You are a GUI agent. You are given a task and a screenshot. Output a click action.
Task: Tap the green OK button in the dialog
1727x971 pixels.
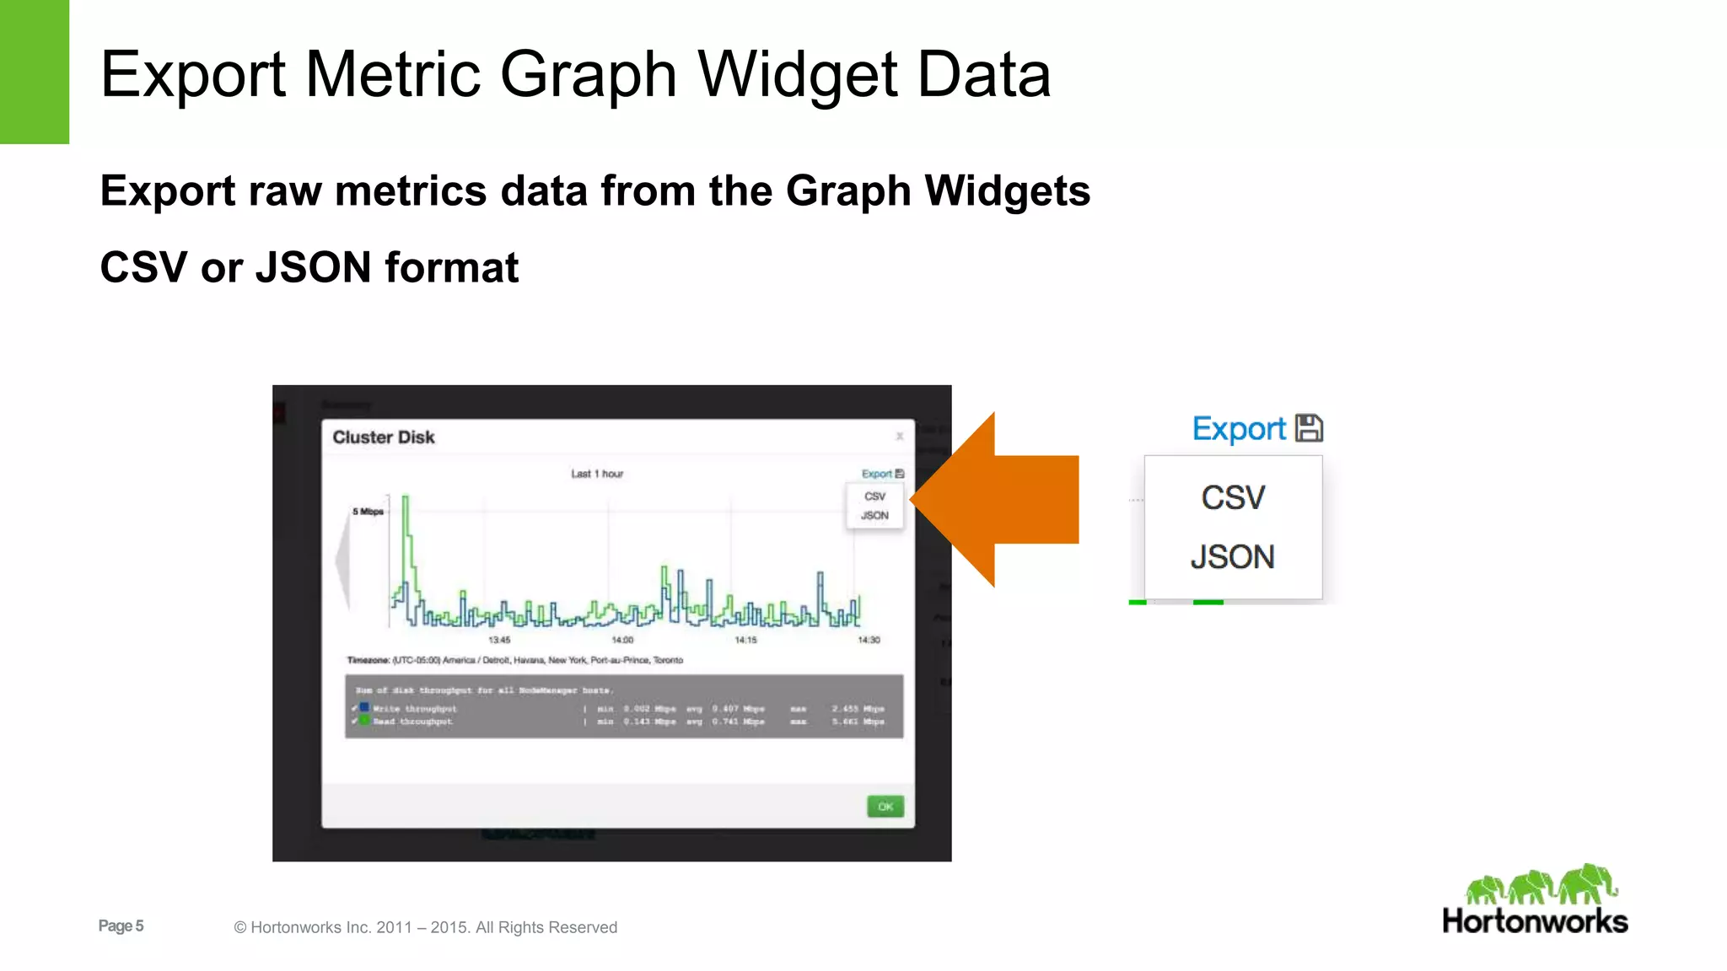pyautogui.click(x=885, y=807)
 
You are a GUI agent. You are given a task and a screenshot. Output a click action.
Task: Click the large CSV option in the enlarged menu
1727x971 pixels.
pyautogui.click(x=1233, y=498)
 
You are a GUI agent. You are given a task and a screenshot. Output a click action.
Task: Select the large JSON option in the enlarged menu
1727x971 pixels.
pyautogui.click(x=1232, y=557)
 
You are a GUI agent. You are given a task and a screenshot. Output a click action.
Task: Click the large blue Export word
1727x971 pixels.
pyautogui.click(x=1239, y=429)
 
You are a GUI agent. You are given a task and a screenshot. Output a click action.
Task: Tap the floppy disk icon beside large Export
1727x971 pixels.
pyautogui.click(x=1309, y=428)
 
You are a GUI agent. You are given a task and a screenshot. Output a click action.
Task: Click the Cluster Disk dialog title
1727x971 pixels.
pyautogui.click(x=384, y=437)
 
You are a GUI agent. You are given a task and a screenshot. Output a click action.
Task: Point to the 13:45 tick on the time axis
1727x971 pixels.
pyautogui.click(x=499, y=641)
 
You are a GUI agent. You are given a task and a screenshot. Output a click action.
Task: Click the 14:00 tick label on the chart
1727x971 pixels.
pyautogui.click(x=622, y=641)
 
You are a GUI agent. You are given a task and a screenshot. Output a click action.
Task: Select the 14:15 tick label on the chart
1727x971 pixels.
pyautogui.click(x=745, y=641)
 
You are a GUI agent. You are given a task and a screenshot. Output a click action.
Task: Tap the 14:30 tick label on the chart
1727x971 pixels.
pyautogui.click(x=869, y=641)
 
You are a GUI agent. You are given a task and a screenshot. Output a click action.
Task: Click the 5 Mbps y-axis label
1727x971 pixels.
pyautogui.click(x=368, y=512)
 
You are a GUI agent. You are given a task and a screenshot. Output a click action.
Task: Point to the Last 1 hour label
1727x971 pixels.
pyautogui.click(x=597, y=474)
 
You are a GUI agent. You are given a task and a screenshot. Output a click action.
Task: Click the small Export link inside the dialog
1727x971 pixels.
pyautogui.click(x=877, y=474)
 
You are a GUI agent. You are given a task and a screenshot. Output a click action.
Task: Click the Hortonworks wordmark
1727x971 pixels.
pyautogui.click(x=1535, y=921)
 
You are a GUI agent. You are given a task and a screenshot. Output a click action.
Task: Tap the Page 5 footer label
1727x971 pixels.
pyautogui.click(x=121, y=925)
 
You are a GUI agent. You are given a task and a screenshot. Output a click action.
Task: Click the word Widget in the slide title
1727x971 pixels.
pyautogui.click(x=798, y=74)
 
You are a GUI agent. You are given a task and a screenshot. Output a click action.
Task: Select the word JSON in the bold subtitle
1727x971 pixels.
pyautogui.click(x=313, y=267)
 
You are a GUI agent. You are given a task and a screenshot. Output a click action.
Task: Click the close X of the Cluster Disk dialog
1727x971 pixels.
pyautogui.click(x=900, y=436)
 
